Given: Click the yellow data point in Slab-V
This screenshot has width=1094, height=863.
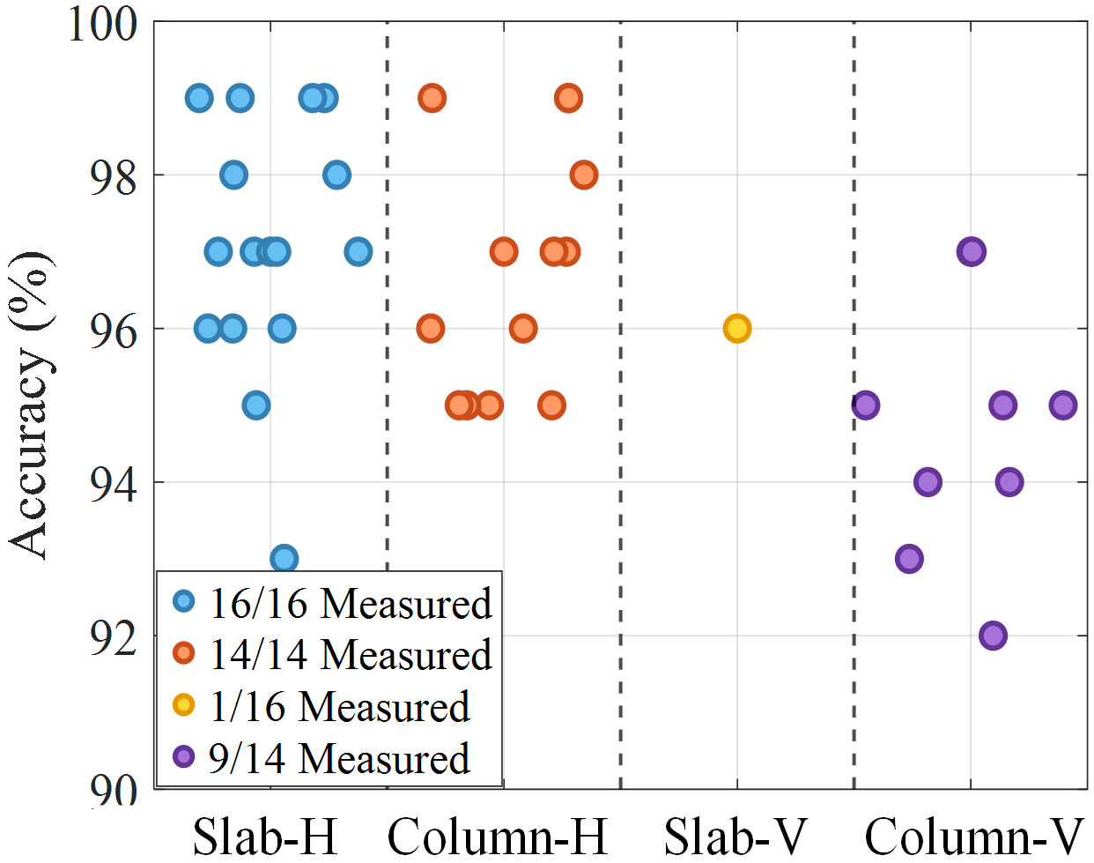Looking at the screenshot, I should click(x=737, y=329).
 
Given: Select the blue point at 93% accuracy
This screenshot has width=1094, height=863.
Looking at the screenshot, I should click(x=284, y=558).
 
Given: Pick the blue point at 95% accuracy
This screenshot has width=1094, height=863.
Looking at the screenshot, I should click(x=255, y=405).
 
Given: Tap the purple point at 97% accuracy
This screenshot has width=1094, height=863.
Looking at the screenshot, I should click(x=971, y=251).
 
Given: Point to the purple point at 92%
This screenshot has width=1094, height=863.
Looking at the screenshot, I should click(x=993, y=636).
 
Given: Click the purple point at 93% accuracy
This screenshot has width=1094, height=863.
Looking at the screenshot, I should click(x=909, y=558).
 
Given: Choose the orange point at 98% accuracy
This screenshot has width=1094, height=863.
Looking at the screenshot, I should click(x=583, y=175).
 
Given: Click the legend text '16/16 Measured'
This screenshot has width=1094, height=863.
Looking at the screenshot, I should click(x=351, y=604).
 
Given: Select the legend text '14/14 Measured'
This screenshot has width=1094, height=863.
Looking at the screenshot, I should click(x=351, y=655).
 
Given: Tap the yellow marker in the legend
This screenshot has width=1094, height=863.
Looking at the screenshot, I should click(x=184, y=705).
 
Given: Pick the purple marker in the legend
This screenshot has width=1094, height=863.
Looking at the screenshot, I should click(x=184, y=756).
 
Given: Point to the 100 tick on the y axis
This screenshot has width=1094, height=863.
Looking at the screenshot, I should click(x=103, y=24).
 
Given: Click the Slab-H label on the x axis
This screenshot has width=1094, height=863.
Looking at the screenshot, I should click(x=265, y=835).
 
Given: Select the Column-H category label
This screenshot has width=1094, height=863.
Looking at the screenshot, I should click(x=498, y=835).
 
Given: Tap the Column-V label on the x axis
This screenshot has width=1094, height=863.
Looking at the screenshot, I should click(x=973, y=835).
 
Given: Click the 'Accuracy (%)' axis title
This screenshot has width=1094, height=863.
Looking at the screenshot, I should click(x=30, y=405).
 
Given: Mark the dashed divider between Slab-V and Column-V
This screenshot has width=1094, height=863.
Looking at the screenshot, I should click(x=854, y=264).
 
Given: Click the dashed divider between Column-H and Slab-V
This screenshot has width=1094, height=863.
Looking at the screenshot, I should click(x=620, y=264).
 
